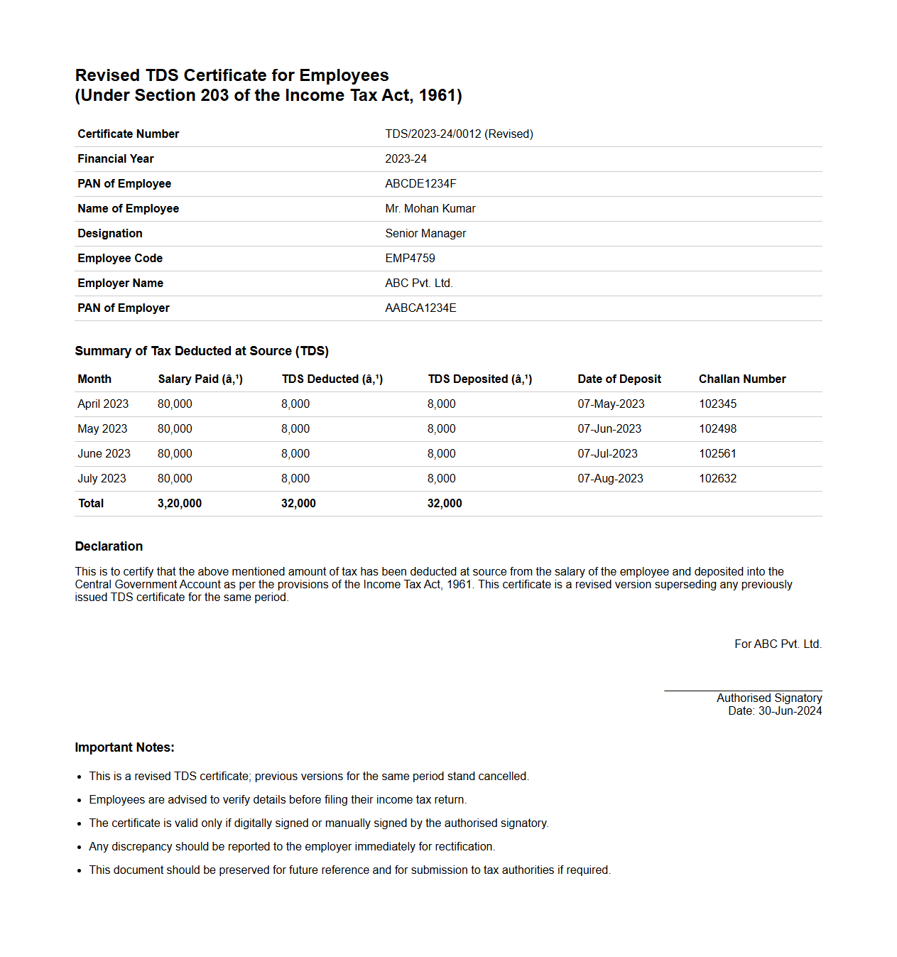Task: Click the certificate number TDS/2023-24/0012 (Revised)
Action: [x=459, y=134]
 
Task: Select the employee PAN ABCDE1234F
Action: [x=420, y=184]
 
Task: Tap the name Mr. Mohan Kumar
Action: [x=430, y=209]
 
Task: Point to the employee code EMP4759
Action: [x=410, y=259]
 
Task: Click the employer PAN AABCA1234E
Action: [x=420, y=308]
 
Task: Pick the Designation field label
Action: [x=110, y=234]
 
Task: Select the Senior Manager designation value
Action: [x=425, y=234]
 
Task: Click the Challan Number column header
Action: [x=742, y=379]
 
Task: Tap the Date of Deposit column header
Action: [x=619, y=379]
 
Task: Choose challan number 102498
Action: [x=717, y=429]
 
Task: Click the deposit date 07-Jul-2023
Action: [x=607, y=454]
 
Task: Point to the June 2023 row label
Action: [x=104, y=454]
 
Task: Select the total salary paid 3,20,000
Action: [x=179, y=504]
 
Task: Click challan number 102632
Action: [x=717, y=479]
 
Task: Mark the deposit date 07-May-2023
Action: [x=611, y=404]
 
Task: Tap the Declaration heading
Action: [x=109, y=546]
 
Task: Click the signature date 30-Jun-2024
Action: [x=790, y=711]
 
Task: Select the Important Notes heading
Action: [x=124, y=747]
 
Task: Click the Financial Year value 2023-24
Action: [x=406, y=159]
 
